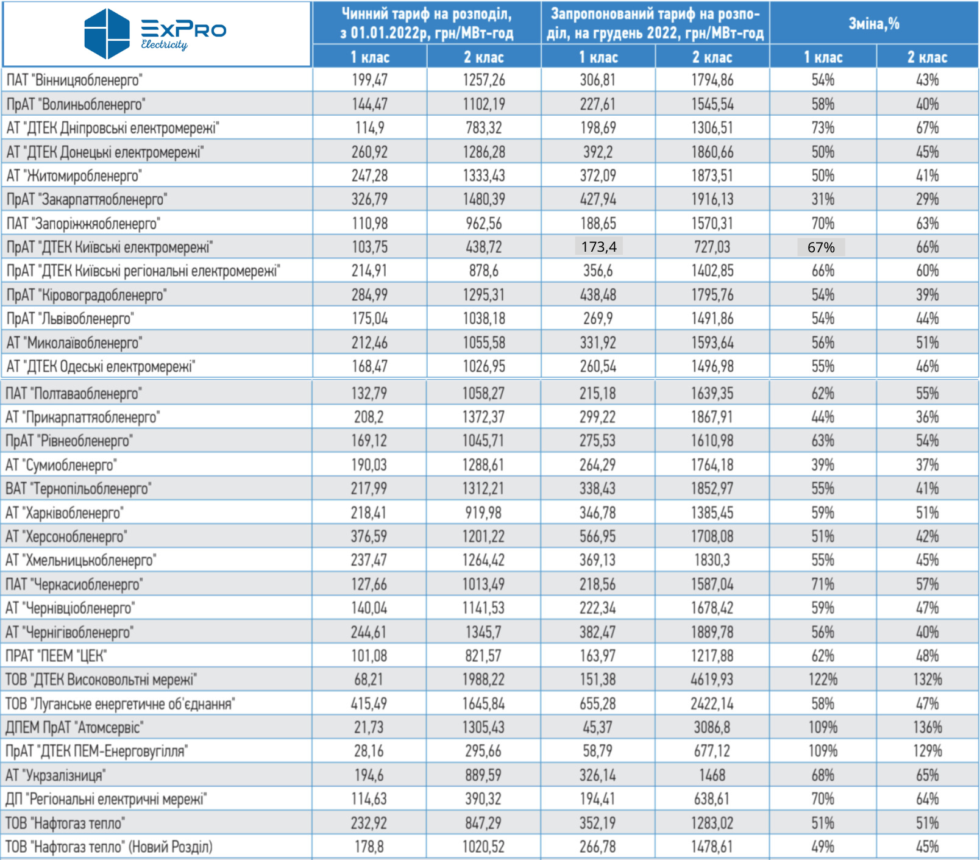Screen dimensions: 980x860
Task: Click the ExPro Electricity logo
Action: (155, 34)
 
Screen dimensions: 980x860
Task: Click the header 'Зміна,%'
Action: (874, 24)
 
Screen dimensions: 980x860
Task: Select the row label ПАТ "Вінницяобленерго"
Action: (74, 80)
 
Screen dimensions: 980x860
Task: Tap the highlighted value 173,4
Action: (598, 247)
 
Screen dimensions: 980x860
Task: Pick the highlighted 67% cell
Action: (821, 247)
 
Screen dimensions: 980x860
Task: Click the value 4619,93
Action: (712, 680)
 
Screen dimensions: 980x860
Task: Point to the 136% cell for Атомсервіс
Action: (927, 727)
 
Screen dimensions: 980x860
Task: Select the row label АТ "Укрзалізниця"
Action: (55, 775)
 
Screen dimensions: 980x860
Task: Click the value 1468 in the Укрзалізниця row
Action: (712, 775)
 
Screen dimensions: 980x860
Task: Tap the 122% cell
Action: (822, 680)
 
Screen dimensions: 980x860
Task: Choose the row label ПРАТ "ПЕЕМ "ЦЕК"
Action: (56, 656)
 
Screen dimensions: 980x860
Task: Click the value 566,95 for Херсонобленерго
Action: (598, 536)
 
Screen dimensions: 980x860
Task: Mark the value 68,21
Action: (369, 680)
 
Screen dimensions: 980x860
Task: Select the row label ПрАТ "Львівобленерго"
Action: (70, 319)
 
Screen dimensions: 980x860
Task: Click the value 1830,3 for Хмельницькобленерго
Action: (712, 560)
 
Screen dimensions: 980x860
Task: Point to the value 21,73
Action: (369, 727)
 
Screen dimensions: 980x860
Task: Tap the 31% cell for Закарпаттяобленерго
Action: (822, 199)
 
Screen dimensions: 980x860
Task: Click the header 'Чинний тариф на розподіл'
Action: (427, 13)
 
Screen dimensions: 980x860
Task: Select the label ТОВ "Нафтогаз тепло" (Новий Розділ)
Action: (109, 847)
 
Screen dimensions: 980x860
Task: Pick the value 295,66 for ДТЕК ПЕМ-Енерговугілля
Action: (483, 751)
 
